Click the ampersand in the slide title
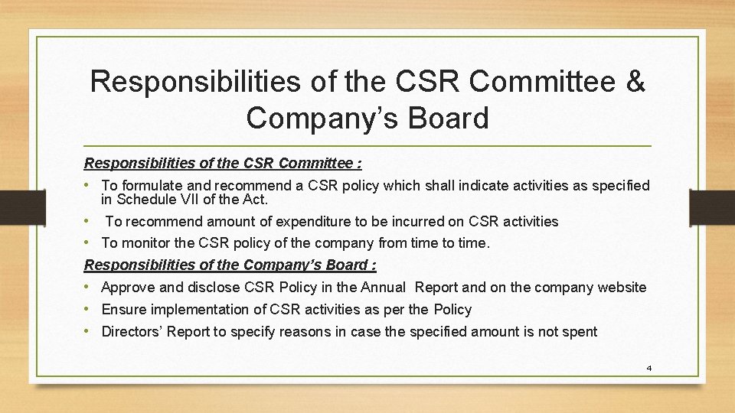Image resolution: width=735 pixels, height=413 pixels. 635,82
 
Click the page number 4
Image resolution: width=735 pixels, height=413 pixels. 648,368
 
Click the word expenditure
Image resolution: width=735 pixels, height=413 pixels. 286,222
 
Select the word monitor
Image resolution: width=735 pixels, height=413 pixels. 142,243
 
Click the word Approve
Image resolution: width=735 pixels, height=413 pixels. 128,288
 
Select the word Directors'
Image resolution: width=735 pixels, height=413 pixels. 132,332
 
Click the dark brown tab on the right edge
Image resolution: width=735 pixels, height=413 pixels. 711,206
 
